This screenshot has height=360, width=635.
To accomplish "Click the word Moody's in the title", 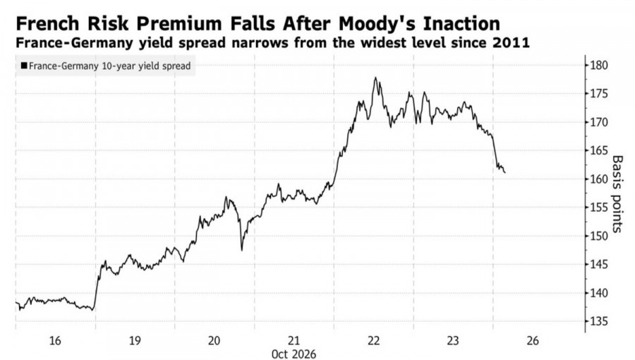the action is click(377, 23).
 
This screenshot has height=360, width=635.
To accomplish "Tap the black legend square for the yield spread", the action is click(24, 66).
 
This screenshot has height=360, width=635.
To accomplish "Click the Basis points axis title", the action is click(617, 194).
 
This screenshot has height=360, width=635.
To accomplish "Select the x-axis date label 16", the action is click(55, 340).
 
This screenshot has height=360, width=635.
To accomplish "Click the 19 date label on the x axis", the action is click(135, 340).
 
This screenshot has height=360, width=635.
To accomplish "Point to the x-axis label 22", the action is click(374, 340).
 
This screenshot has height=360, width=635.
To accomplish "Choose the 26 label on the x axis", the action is click(533, 340).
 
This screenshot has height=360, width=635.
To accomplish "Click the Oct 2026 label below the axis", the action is click(294, 354).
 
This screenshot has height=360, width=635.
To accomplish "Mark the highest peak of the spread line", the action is click(375, 78).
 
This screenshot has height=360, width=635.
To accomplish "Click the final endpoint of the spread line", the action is click(504, 173).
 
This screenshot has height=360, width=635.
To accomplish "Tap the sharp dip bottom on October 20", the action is click(242, 250).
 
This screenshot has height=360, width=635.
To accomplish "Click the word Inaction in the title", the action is click(461, 23).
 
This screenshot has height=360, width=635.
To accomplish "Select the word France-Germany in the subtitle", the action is click(75, 42).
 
